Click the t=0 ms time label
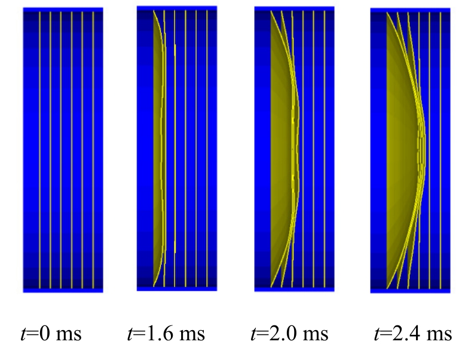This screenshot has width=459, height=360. click(52, 333)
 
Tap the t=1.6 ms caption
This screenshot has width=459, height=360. click(166, 333)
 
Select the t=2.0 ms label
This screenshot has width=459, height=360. click(289, 333)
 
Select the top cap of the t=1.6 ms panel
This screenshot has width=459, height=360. click(176, 8)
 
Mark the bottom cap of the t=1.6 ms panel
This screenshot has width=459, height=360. click(176, 288)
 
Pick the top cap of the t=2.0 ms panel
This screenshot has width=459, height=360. click(294, 9)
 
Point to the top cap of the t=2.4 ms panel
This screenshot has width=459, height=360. click(410, 10)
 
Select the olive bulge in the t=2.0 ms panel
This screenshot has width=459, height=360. click(281, 149)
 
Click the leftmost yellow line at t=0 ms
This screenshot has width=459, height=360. click(39, 149)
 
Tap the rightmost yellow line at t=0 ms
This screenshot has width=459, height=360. click(93, 149)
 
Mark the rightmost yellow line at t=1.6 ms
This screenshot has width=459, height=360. click(207, 149)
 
